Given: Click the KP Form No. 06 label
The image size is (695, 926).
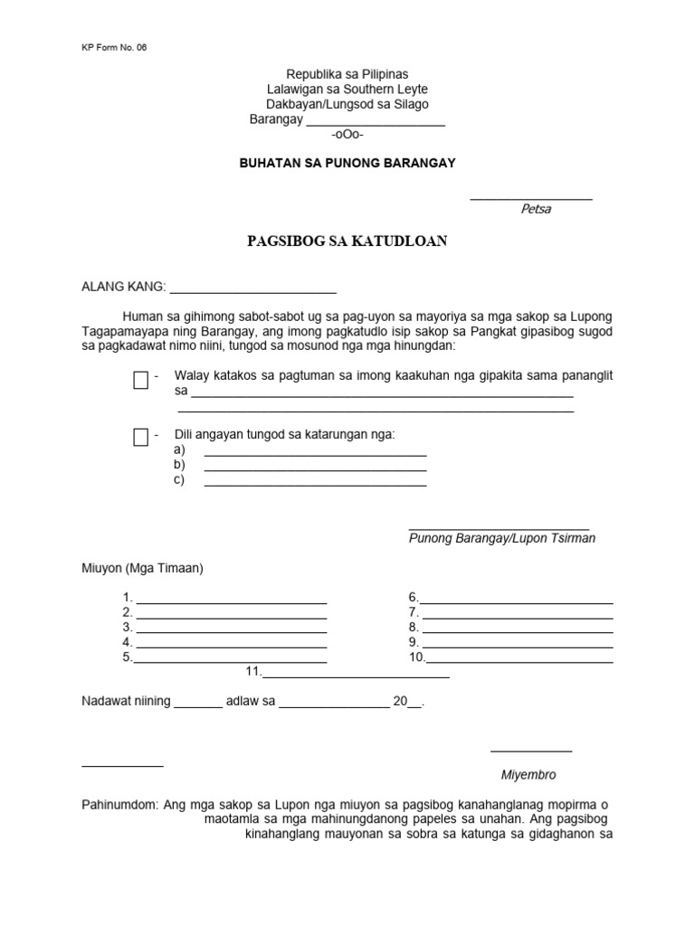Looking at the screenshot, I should click(114, 48).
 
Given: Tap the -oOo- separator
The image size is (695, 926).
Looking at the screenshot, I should click(347, 135).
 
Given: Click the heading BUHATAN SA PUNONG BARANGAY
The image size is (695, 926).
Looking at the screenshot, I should click(347, 163).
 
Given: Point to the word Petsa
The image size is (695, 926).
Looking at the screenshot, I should click(536, 209).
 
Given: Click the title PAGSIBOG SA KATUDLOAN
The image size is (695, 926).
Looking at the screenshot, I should click(347, 241).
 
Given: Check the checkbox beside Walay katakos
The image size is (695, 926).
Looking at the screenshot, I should click(140, 380).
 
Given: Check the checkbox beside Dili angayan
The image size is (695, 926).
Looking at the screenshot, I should click(140, 438).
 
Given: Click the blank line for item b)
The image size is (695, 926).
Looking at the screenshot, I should click(315, 468).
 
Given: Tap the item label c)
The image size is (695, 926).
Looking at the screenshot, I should click(179, 479).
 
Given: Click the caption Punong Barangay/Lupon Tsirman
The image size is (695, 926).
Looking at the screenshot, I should click(502, 538).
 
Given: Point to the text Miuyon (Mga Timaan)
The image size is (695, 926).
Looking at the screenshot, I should click(143, 569).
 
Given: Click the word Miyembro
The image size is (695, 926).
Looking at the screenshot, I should click(528, 775).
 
